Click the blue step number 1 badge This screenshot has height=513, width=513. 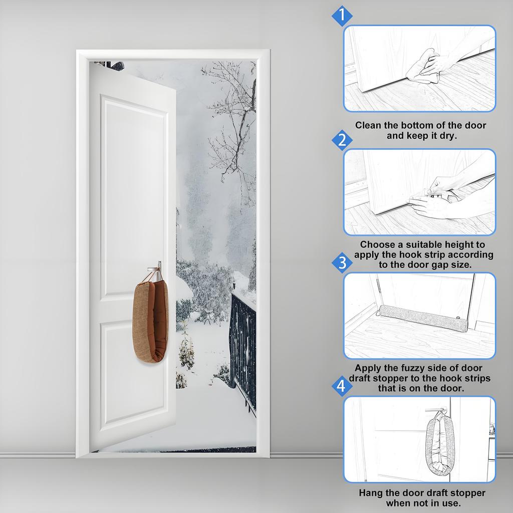(x=342, y=17)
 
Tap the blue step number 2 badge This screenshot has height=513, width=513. (x=342, y=140)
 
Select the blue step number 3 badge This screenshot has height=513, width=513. (x=342, y=263)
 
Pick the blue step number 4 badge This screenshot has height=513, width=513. (x=342, y=386)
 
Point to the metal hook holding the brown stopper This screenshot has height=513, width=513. (x=158, y=268)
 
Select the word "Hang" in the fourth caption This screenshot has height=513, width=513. (x=370, y=492)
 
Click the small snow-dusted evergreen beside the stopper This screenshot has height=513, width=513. (x=186, y=351)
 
